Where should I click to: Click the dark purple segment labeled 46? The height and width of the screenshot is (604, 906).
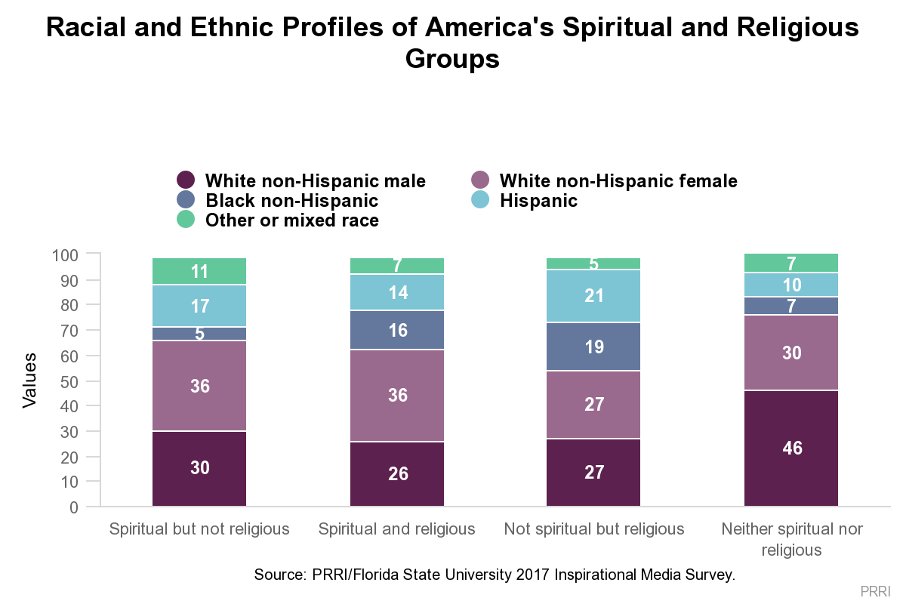click(x=791, y=448)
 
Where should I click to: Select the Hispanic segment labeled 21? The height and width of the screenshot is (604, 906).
click(x=593, y=295)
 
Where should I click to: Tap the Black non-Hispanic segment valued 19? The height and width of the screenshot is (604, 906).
click(x=593, y=347)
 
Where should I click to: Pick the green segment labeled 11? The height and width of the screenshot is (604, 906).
click(x=199, y=272)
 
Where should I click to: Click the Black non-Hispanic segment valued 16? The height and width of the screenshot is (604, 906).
click(x=397, y=330)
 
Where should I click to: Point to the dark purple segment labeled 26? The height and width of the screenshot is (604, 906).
click(x=397, y=473)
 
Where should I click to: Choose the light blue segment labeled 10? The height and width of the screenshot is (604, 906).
click(x=791, y=285)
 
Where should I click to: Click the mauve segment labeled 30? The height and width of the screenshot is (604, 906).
click(x=791, y=353)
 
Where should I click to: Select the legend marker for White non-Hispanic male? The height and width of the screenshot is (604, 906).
click(x=186, y=180)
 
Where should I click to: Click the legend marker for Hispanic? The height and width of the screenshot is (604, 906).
click(x=480, y=200)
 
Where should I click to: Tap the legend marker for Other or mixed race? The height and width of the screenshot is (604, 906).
click(x=186, y=220)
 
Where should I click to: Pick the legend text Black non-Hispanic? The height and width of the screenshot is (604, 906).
click(x=291, y=201)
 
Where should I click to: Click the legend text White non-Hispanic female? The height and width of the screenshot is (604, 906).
click(x=618, y=181)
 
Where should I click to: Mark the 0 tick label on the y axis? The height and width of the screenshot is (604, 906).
click(x=74, y=507)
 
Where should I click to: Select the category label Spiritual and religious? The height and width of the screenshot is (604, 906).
click(x=397, y=528)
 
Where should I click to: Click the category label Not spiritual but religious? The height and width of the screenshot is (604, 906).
click(x=593, y=528)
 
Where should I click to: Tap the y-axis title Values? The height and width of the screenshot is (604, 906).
click(x=29, y=380)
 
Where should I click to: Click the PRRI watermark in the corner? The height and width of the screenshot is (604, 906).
click(x=875, y=590)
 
